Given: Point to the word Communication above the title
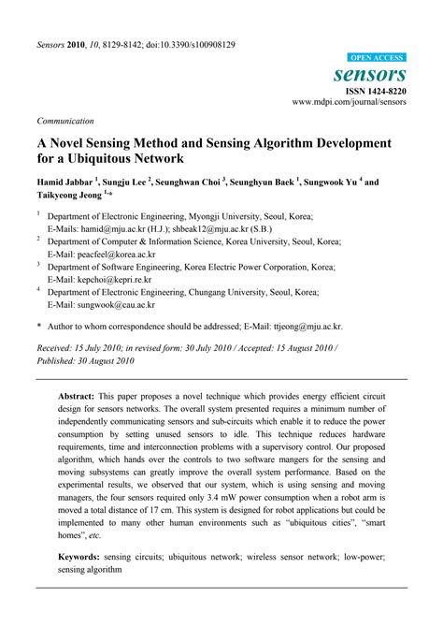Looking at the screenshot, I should tap(65, 121).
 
